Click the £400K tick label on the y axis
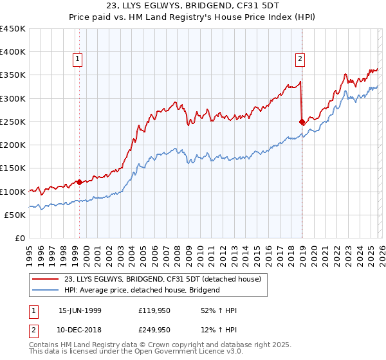13,52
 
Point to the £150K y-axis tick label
13,168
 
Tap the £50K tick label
15,215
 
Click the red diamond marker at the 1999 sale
79,182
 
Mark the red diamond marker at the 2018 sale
302,121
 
